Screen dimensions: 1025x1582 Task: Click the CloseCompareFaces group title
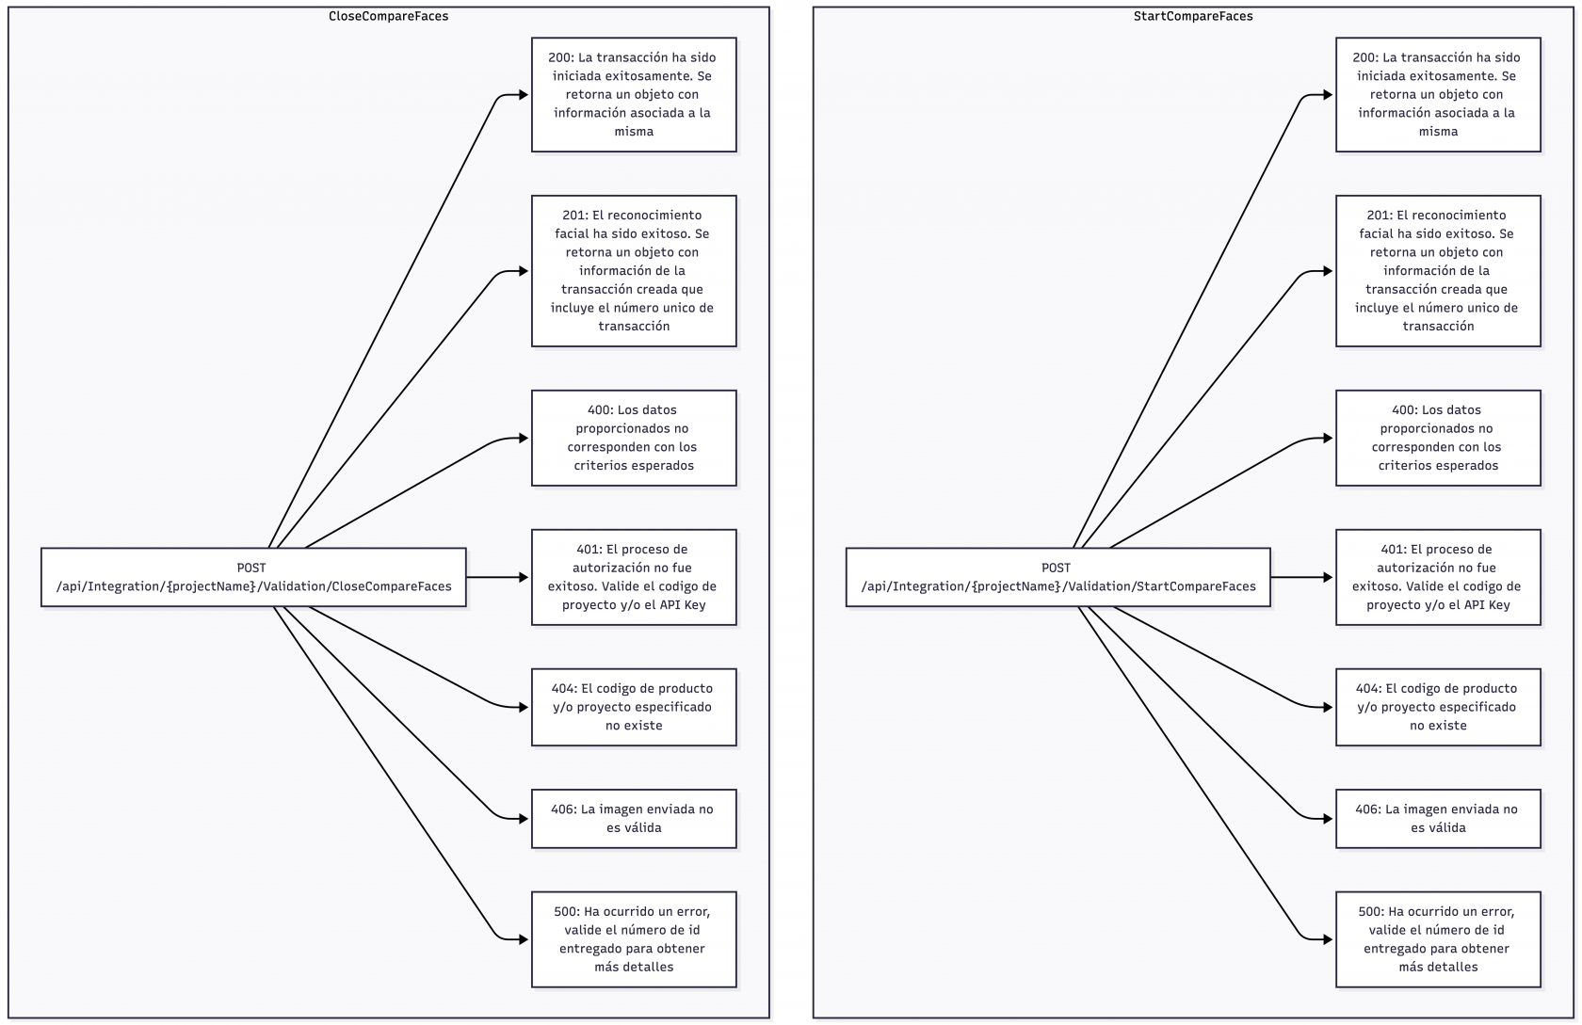pos(388,16)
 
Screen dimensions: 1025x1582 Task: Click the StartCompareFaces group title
pos(1192,16)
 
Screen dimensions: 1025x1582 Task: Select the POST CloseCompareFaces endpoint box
pos(253,577)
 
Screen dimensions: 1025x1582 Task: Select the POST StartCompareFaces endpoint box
pos(1057,577)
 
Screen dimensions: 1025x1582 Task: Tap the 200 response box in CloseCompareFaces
pos(634,94)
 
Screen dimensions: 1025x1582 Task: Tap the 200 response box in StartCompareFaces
pos(1438,94)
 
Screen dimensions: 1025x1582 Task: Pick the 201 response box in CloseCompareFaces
pos(634,271)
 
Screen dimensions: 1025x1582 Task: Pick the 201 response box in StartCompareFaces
pos(1438,271)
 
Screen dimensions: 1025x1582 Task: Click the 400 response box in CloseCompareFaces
pos(634,438)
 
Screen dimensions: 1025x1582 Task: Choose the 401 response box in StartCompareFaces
pos(1438,577)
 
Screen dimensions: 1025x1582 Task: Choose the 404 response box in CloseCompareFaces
pos(634,707)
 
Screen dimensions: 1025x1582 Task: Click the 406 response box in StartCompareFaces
pos(1438,818)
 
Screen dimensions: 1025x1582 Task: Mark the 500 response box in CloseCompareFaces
pos(634,939)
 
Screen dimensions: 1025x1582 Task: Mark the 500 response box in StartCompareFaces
pos(1438,939)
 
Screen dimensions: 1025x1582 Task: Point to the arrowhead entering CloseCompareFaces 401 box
pos(525,577)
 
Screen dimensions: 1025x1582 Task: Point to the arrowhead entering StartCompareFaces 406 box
pos(1329,819)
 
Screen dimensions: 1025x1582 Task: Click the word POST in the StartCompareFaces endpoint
pos(1056,568)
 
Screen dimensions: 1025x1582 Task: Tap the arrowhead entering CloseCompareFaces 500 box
pos(525,939)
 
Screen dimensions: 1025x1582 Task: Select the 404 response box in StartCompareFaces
pos(1438,707)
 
